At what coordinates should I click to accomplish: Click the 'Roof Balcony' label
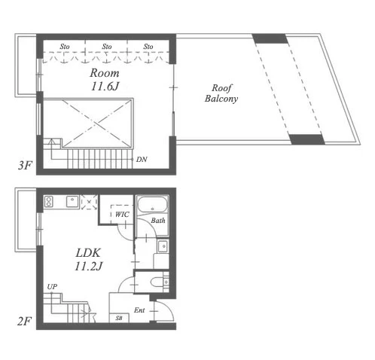click(221, 93)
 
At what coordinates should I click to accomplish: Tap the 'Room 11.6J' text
click(105, 80)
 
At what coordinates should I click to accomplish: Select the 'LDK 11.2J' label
click(88, 259)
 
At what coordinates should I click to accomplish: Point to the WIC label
click(122, 215)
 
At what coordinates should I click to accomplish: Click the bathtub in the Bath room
click(153, 205)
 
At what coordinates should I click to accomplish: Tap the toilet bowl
click(157, 282)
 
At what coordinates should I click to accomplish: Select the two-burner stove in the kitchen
click(48, 202)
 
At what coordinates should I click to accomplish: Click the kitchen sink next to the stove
click(72, 202)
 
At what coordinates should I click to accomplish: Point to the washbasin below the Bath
click(163, 246)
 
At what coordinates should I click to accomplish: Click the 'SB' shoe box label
click(119, 318)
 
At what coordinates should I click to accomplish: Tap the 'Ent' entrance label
click(139, 310)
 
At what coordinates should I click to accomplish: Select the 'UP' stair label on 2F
click(52, 287)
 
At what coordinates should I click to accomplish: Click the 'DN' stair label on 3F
click(142, 160)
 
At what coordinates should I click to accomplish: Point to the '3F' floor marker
click(25, 166)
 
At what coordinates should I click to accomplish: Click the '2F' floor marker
click(25, 322)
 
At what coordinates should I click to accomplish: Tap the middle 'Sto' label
click(107, 47)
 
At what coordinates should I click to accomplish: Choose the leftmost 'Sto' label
click(65, 47)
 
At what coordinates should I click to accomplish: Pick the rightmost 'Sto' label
click(148, 47)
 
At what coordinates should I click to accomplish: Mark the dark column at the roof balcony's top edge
click(270, 38)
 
